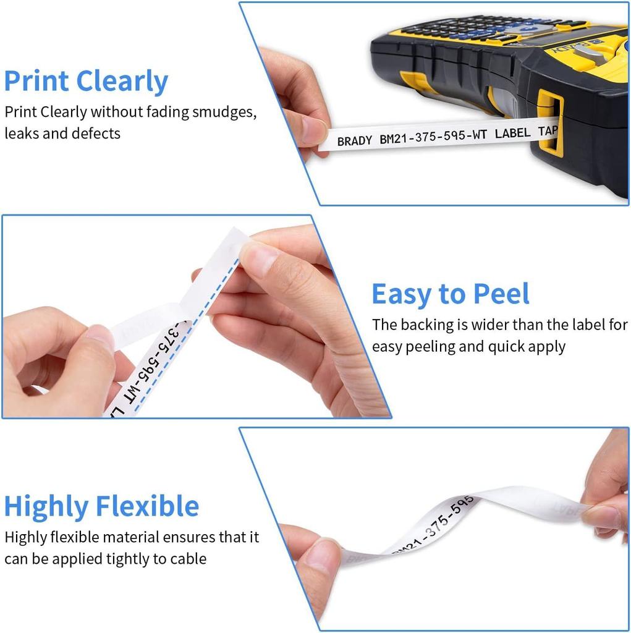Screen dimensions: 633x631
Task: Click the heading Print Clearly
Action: click(x=86, y=82)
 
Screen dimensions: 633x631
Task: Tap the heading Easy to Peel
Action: click(x=451, y=294)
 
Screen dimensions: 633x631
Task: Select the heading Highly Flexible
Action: click(x=101, y=506)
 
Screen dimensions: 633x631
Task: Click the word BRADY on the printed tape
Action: click(x=355, y=142)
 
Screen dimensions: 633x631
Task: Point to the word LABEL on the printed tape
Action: click(x=512, y=133)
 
